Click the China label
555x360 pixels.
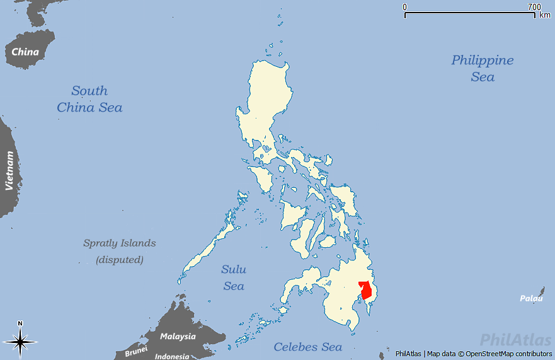pos(25,52)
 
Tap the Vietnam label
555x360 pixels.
pos(9,170)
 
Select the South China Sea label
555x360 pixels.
pos(89,99)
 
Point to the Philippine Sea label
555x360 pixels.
pos(483,68)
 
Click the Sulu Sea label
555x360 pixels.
pos(234,277)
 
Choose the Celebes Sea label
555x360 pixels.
pos(308,347)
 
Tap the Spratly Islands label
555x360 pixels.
pos(120,243)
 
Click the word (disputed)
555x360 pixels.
pos(120,259)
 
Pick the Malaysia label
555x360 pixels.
pos(178,336)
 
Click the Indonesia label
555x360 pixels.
pos(172,356)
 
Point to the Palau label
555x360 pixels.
pos(531,298)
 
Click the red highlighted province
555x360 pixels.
pos(365,291)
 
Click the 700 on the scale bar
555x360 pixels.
pos(534,7)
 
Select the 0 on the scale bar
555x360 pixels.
pos(405,7)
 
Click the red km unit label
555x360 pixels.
pos(545,15)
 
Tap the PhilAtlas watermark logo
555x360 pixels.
pos(515,341)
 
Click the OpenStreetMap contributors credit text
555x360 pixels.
pos(510,354)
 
